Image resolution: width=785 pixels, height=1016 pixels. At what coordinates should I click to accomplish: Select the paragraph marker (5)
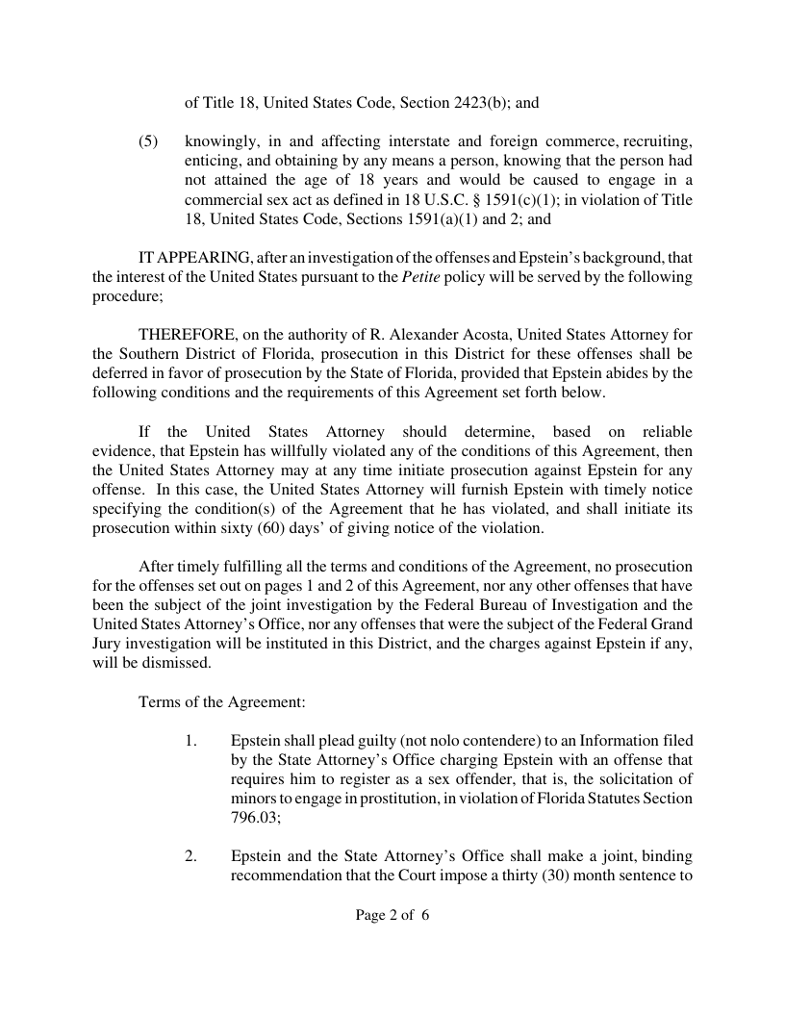point(148,141)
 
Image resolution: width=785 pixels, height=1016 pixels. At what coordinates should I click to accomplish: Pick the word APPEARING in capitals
point(202,259)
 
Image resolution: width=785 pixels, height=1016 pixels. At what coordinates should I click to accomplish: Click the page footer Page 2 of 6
point(392,915)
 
